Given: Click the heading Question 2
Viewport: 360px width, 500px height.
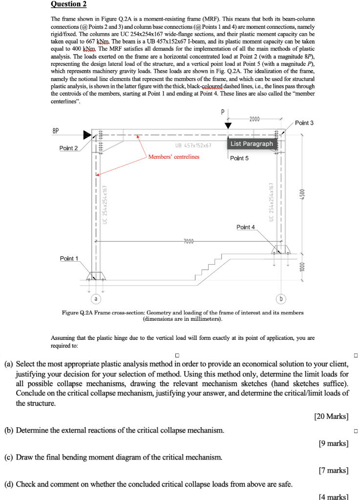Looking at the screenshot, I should coord(68,4).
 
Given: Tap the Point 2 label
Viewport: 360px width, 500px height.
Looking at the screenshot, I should coord(68,148).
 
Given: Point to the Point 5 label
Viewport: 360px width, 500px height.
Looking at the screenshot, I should coord(239,158).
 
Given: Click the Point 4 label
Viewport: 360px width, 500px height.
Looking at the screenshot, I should coord(246,227).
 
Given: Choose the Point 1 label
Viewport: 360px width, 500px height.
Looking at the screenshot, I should coord(69,258).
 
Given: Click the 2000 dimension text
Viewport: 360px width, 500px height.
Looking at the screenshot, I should coord(255,119).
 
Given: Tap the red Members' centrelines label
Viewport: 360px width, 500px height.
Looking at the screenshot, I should coord(173,157).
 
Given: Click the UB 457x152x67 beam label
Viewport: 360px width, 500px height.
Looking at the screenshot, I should coord(193,146).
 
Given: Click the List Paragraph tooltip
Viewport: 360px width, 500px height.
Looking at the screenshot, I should coord(252,144).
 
